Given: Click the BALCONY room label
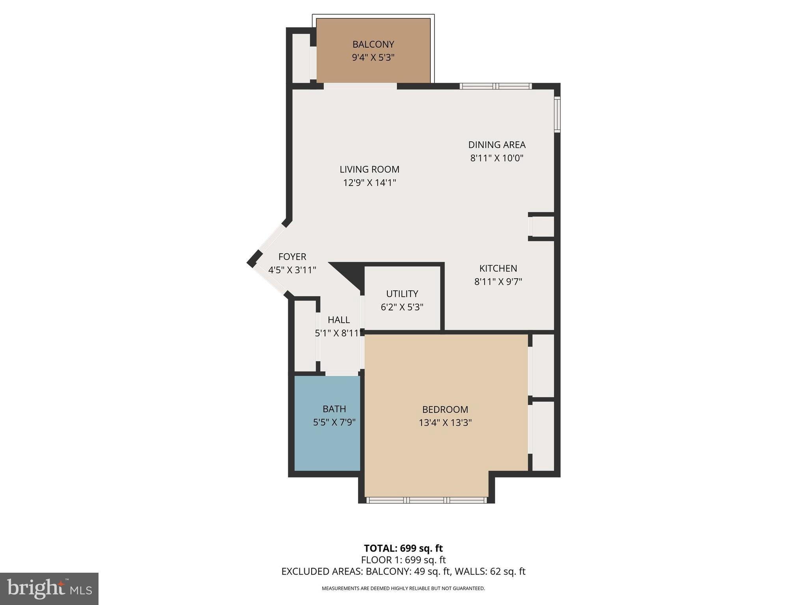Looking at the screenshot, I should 373,45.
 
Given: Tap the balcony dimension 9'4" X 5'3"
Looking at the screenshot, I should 373,58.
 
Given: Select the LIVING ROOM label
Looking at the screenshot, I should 369,169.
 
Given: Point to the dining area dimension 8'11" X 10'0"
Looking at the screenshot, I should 496,158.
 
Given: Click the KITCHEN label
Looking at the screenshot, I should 498,268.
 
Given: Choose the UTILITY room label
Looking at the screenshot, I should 402,294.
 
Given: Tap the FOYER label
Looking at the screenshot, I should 292,257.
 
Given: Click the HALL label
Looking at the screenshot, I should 338,320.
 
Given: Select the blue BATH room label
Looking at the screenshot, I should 334,409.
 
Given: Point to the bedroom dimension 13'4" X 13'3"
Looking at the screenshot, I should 445,423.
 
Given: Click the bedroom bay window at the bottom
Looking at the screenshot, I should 426,500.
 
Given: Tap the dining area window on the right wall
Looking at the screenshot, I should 557,114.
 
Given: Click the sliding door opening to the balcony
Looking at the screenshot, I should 360,86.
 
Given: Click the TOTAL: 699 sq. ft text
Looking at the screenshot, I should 403,548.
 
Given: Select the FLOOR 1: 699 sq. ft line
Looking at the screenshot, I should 403,560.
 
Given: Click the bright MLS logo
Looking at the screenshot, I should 49,589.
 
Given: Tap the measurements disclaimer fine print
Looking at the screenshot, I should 403,588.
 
